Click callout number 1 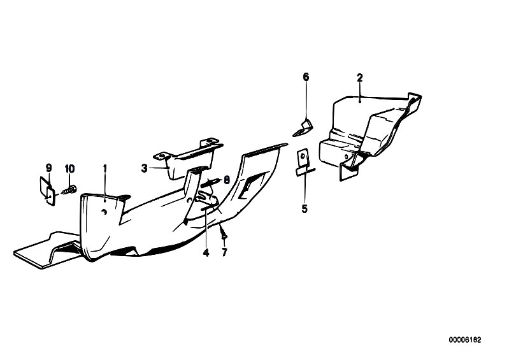105,169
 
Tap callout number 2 360,78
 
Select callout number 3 144,168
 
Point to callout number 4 206,252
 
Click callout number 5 305,209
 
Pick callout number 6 306,77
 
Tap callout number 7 225,252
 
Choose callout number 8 227,180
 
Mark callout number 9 48,168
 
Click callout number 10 70,169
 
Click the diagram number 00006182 465,340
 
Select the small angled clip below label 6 303,129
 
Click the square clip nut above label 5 303,162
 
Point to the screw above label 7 223,232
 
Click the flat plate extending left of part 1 45,250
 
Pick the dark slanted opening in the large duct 250,185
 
